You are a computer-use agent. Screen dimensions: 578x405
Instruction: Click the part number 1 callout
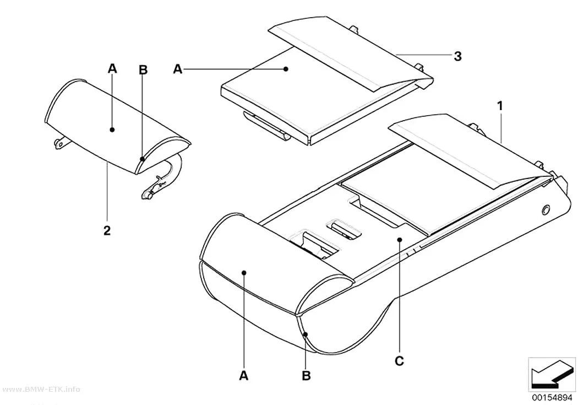tap(500, 106)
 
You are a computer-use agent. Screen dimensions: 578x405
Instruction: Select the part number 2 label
tap(107, 231)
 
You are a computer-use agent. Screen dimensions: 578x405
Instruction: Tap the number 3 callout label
tap(457, 56)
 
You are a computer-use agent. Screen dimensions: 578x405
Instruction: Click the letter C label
tap(399, 361)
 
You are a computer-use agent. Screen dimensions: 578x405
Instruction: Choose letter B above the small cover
tap(143, 70)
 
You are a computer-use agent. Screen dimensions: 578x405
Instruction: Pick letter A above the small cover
tap(112, 68)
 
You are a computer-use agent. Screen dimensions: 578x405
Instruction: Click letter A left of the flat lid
tap(178, 69)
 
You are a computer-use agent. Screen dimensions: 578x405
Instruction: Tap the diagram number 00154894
tap(552, 397)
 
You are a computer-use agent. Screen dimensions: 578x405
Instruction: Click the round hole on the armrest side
tap(544, 210)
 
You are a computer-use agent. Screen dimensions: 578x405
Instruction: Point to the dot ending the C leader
tap(400, 240)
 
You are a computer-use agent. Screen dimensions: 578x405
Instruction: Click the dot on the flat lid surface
tap(285, 69)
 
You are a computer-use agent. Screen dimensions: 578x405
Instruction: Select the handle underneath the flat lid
tap(266, 126)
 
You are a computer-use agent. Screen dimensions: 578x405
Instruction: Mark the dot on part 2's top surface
tap(112, 129)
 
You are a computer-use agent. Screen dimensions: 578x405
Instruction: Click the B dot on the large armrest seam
tap(305, 334)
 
